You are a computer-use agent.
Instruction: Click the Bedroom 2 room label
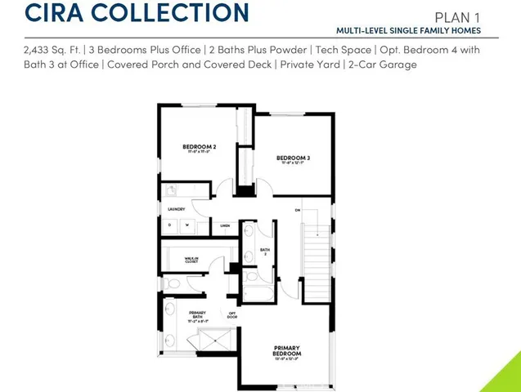[x=198, y=147]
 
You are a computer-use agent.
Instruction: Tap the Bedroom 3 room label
[x=292, y=158]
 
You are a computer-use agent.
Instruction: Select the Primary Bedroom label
[x=287, y=351]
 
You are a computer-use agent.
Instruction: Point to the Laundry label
[x=177, y=209]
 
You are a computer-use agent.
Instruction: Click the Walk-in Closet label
[x=191, y=261]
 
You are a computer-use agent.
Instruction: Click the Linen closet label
[x=224, y=225]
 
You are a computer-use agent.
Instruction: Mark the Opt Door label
[x=232, y=314]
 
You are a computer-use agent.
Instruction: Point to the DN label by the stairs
[x=298, y=211]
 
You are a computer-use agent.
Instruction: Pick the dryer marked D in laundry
[x=171, y=225]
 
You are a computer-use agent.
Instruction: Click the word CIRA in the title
[x=52, y=13]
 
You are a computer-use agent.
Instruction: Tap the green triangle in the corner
[x=506, y=377]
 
